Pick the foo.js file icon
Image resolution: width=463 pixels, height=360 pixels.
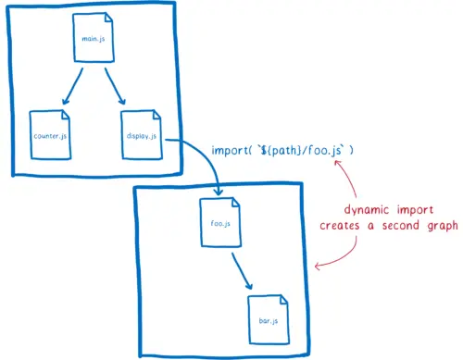click(220, 223)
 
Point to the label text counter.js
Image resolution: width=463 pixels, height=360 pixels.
click(48, 136)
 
